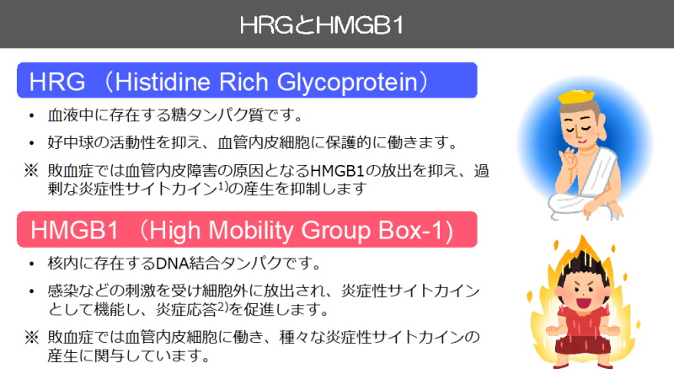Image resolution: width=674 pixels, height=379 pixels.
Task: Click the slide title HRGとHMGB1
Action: [322, 25]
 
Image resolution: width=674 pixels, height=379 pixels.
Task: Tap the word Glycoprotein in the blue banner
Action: [347, 83]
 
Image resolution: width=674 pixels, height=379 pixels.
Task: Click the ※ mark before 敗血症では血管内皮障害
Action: [31, 171]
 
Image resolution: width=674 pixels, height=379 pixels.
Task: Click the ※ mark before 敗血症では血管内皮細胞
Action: [31, 337]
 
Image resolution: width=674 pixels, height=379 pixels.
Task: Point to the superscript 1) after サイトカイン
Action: [222, 184]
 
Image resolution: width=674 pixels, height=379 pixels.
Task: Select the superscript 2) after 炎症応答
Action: [222, 306]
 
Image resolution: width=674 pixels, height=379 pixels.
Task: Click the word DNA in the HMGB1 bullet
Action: [171, 263]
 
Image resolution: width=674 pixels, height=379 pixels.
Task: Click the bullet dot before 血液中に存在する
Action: [31, 115]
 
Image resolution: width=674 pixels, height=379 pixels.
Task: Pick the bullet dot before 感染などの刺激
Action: [31, 291]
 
